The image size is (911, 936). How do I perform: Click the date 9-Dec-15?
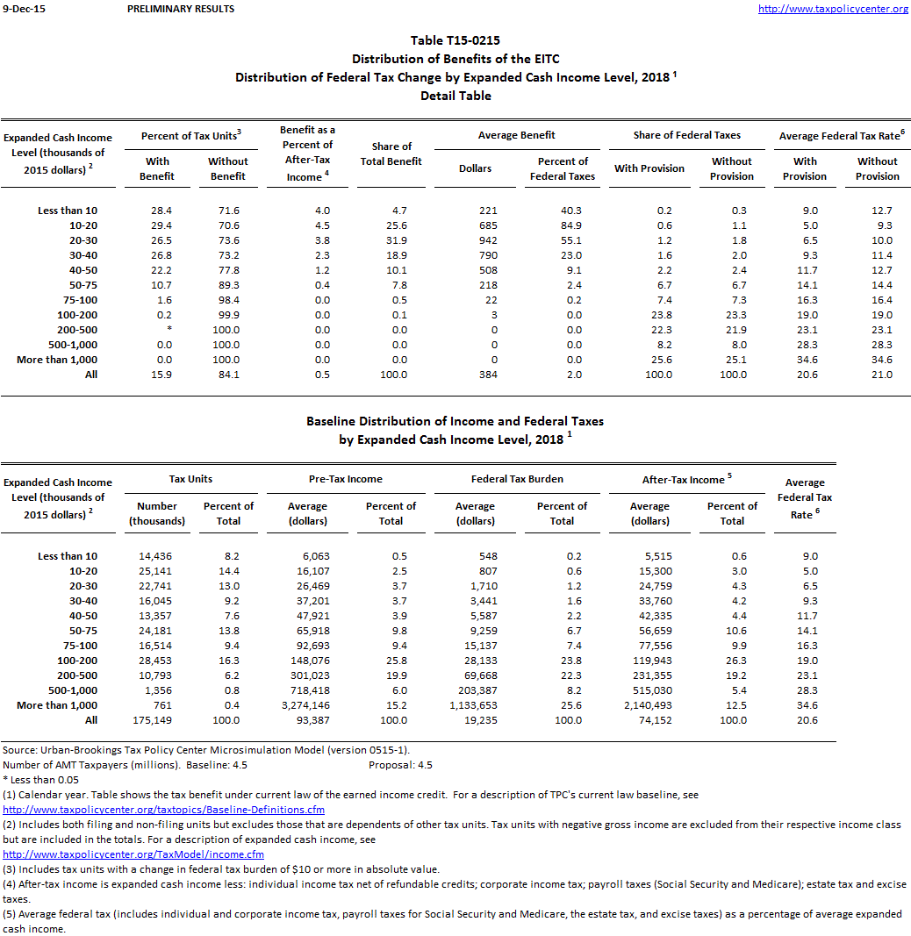click(24, 9)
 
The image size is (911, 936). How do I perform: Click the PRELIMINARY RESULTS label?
click(181, 9)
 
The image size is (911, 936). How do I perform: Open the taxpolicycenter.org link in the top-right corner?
click(832, 9)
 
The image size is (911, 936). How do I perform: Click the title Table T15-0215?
click(455, 40)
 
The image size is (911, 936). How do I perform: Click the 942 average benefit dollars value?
click(475, 240)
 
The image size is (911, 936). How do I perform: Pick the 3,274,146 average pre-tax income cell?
click(307, 705)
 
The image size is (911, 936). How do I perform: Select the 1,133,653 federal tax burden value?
click(475, 705)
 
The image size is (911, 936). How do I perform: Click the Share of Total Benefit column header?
click(391, 154)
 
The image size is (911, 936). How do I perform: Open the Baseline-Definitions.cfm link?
click(164, 810)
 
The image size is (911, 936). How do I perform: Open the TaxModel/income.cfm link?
click(133, 854)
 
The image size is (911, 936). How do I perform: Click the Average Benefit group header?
click(516, 135)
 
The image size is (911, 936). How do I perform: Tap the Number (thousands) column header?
click(157, 513)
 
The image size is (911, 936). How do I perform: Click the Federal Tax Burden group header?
click(517, 479)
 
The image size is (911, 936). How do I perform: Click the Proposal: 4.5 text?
click(401, 765)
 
